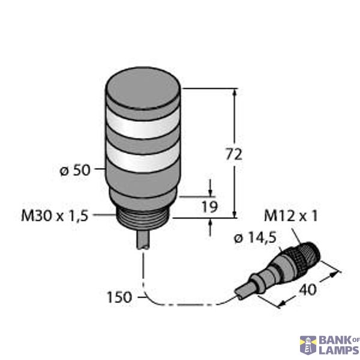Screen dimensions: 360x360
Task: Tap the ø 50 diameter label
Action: coord(75,170)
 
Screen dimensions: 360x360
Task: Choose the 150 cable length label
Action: coord(119,296)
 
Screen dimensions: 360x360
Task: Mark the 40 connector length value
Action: coord(307,290)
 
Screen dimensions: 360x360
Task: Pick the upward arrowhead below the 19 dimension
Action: coord(211,224)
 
